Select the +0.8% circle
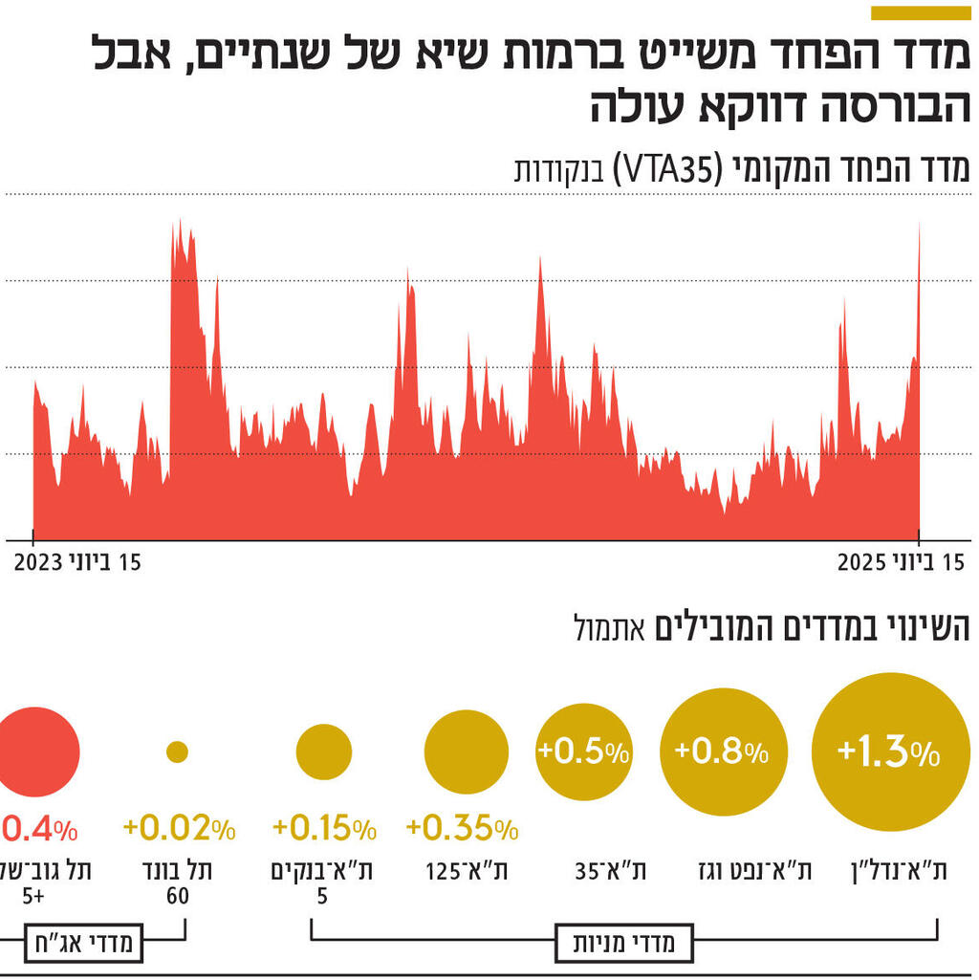pyautogui.click(x=725, y=752)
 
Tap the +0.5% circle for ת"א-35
pyautogui.click(x=584, y=752)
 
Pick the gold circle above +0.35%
pyautogui.click(x=467, y=752)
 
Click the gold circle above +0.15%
pyautogui.click(x=324, y=752)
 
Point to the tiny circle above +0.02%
pyautogui.click(x=177, y=752)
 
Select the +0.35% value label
pyautogui.click(x=463, y=828)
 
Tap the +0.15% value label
pyautogui.click(x=324, y=828)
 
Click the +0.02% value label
pyautogui.click(x=179, y=828)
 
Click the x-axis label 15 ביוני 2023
pyautogui.click(x=77, y=563)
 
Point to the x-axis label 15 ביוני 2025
pyautogui.click(x=901, y=563)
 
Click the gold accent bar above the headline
pyautogui.click(x=921, y=12)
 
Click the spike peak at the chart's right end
pyautogui.click(x=919, y=225)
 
